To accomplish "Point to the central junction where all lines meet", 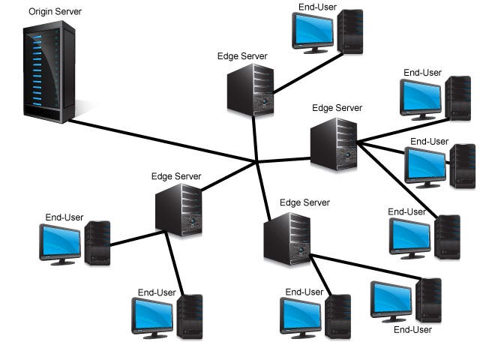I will [x=257, y=161].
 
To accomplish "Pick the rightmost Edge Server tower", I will [x=334, y=145].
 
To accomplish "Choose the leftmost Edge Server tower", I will [x=179, y=211].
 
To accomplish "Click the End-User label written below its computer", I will [x=413, y=329].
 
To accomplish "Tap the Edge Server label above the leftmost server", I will [x=176, y=176].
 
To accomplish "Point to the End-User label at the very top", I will [x=317, y=7].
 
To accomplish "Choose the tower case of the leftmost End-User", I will [x=98, y=242].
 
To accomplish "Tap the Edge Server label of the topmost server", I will [x=242, y=56].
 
